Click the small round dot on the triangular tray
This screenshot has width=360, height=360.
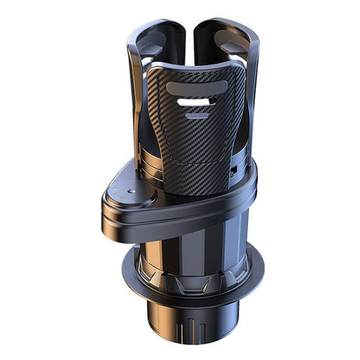click(132, 191)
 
